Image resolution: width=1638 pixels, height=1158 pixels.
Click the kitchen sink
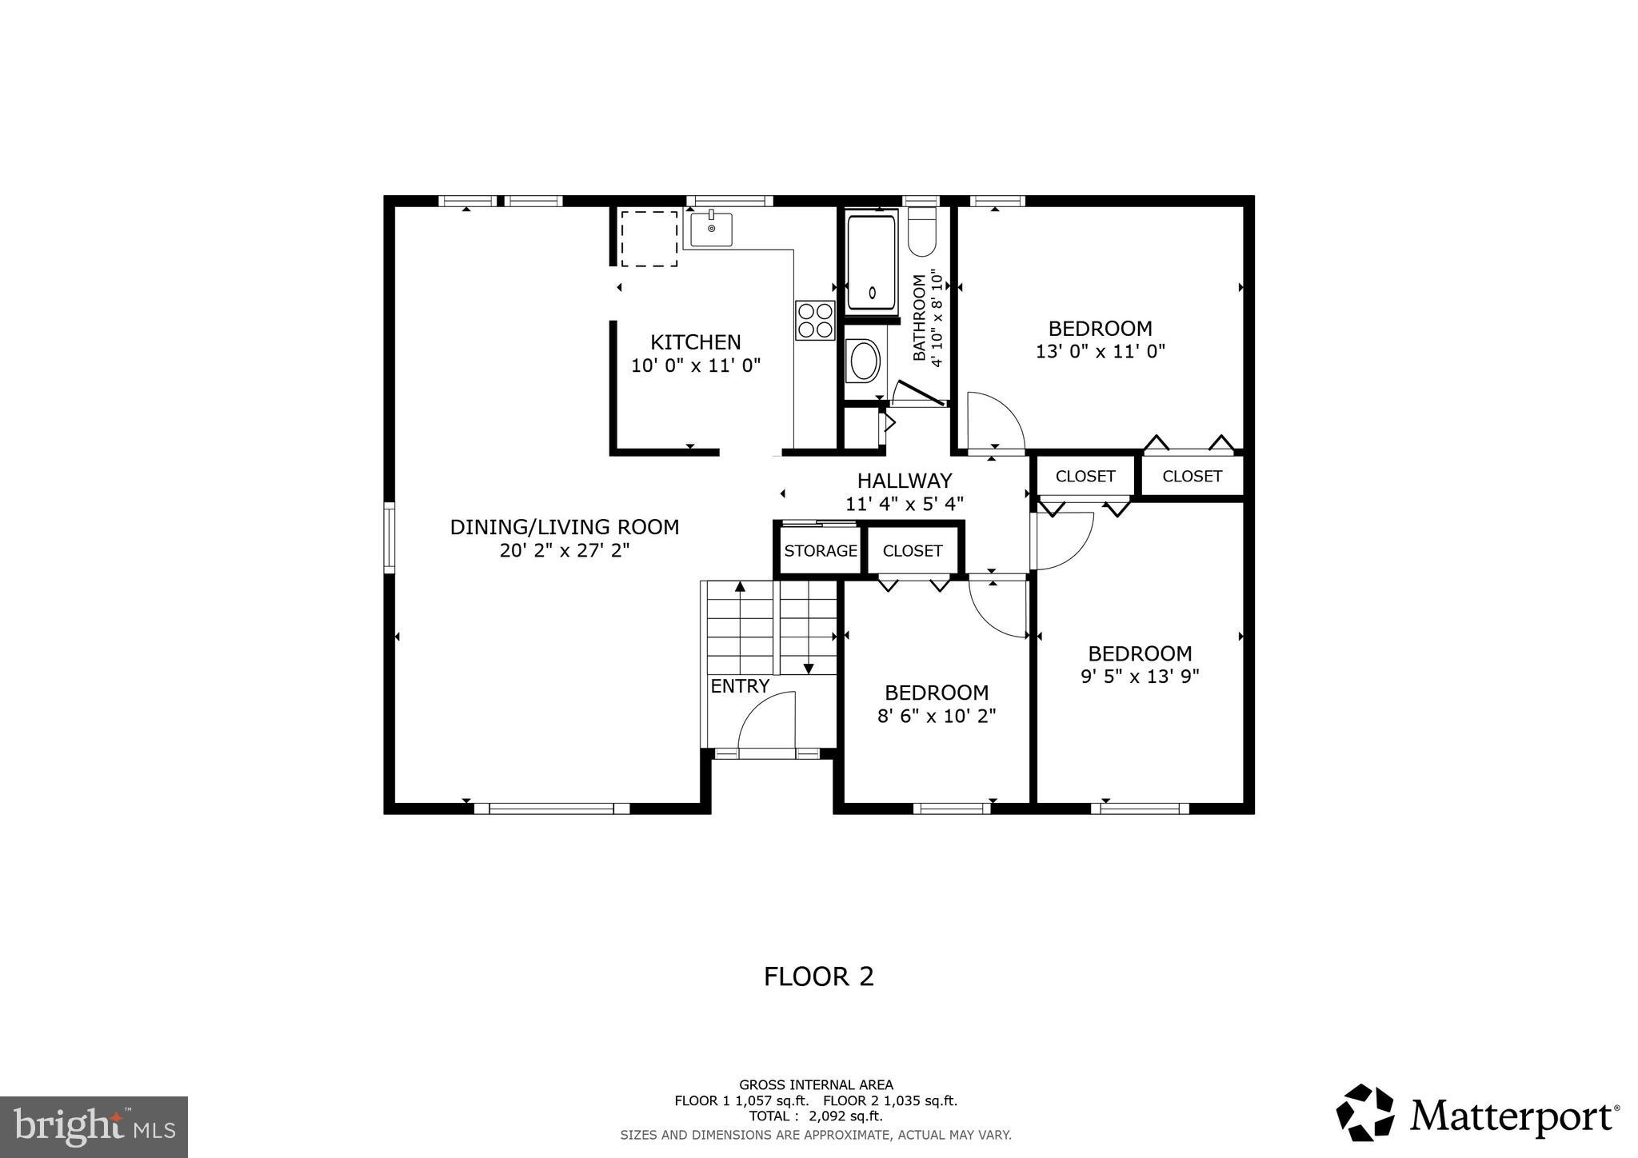tap(711, 230)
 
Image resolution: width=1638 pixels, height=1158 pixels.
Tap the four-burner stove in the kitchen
tap(814, 320)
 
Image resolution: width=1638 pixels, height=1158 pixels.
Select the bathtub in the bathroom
tap(871, 262)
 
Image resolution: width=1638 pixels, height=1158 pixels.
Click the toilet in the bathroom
tap(922, 234)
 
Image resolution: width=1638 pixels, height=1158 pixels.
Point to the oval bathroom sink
tap(864, 362)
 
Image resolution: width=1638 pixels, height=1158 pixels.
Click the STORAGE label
tap(820, 550)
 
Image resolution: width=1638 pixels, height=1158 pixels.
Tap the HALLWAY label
tap(905, 481)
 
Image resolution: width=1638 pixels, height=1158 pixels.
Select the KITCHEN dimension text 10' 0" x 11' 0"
tap(695, 365)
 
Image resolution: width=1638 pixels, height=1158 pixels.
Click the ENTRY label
tap(739, 685)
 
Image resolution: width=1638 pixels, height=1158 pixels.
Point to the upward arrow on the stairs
tap(740, 588)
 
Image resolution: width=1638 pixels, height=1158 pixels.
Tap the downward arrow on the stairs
tap(808, 668)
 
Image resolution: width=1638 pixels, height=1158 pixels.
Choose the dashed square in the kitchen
tap(649, 238)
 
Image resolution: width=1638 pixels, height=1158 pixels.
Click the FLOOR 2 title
tap(818, 976)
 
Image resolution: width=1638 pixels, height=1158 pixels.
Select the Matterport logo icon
tap(1365, 1112)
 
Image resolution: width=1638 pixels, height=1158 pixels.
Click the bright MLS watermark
tap(94, 1127)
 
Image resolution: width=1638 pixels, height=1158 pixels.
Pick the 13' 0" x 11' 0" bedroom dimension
tap(1100, 351)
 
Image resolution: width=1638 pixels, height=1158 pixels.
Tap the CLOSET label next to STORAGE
tap(912, 550)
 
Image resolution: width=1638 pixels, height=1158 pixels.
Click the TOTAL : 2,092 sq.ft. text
tap(815, 1116)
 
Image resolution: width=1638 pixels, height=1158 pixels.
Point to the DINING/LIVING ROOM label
tap(564, 527)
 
